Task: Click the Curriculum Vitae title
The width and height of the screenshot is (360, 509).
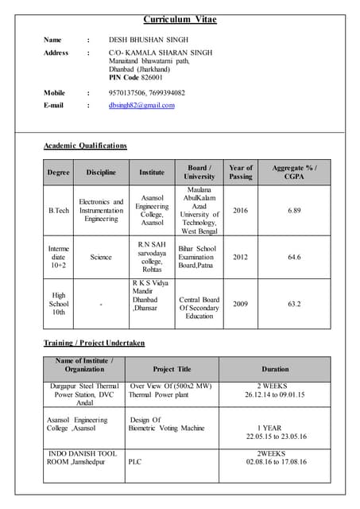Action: click(x=180, y=19)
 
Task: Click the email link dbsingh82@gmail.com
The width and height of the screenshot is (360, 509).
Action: click(x=141, y=105)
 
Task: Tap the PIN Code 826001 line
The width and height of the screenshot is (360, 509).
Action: click(x=136, y=78)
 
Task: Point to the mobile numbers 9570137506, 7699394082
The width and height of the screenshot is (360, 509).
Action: click(x=147, y=93)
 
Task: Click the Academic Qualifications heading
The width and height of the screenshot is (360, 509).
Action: click(x=85, y=146)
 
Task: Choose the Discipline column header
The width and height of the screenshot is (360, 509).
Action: click(x=101, y=172)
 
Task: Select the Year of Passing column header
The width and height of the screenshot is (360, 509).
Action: click(x=240, y=172)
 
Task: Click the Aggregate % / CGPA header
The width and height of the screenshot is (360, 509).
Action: click(x=294, y=172)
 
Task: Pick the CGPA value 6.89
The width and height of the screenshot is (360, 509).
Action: click(x=294, y=210)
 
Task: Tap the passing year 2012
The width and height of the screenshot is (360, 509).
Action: click(x=240, y=257)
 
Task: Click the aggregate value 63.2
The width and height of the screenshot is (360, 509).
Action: click(x=294, y=304)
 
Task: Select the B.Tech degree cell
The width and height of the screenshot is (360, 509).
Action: click(x=59, y=210)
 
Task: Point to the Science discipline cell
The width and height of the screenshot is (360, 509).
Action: click(x=101, y=257)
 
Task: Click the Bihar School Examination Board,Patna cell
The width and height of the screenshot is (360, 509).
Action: click(x=199, y=257)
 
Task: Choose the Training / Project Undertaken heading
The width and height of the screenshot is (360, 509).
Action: click(x=94, y=343)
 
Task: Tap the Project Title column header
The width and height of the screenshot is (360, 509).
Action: click(x=172, y=369)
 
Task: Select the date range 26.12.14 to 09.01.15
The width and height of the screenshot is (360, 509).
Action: click(x=275, y=394)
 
